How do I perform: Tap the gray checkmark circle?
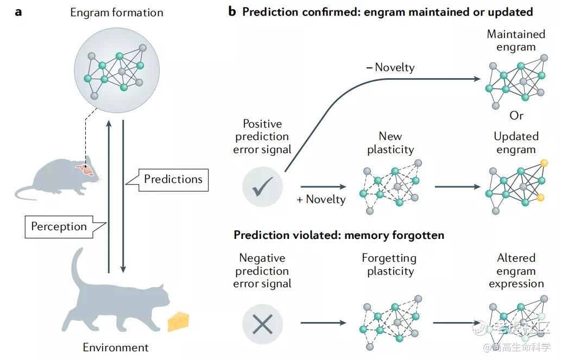click(x=262, y=187)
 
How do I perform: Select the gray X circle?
click(x=262, y=324)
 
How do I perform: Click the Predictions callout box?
click(x=173, y=179)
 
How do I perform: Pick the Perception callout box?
click(x=59, y=226)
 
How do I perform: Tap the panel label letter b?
click(x=232, y=11)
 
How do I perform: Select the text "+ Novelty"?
click(x=321, y=199)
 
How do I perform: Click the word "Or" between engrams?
click(x=516, y=116)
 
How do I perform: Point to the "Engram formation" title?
click(x=116, y=12)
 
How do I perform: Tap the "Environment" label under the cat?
click(x=115, y=348)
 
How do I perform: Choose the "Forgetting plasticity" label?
click(x=389, y=264)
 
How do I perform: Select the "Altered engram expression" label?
click(x=516, y=270)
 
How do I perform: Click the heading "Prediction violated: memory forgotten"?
click(x=339, y=235)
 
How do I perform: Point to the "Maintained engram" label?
click(x=516, y=41)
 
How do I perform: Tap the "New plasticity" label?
click(x=390, y=143)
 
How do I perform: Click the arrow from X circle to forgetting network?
click(x=323, y=323)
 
